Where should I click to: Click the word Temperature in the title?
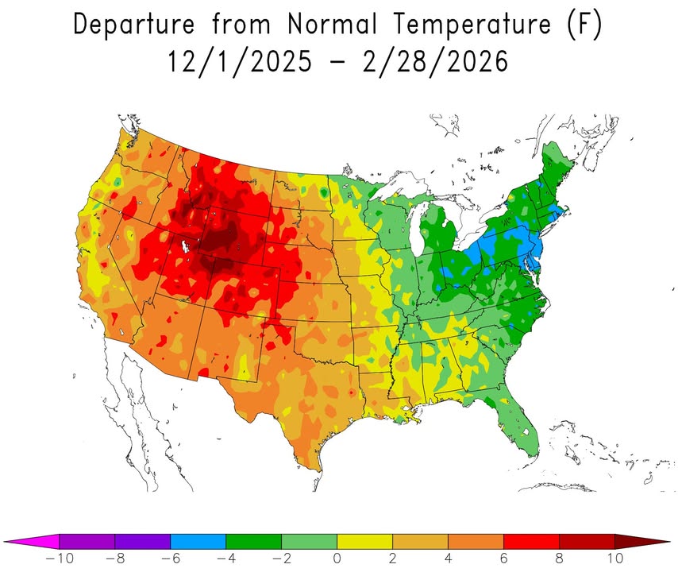[472, 25]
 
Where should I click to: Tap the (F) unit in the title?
[584, 25]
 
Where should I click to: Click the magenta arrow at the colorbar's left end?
[32, 542]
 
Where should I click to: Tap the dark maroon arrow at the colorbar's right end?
[643, 542]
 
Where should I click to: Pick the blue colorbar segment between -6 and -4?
[198, 542]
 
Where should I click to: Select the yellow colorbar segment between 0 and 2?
[365, 542]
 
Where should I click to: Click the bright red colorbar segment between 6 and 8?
[532, 542]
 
